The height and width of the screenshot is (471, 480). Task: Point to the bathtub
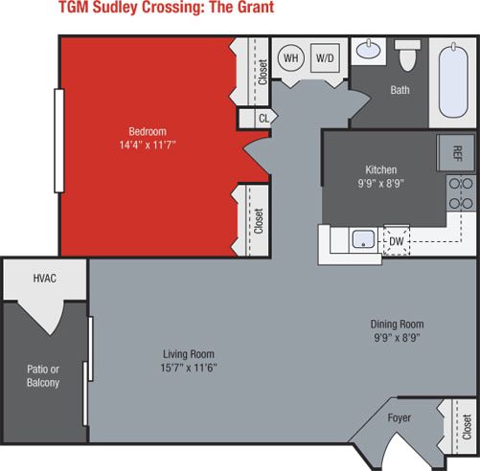(x=451, y=80)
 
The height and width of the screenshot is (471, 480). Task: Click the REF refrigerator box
(x=457, y=153)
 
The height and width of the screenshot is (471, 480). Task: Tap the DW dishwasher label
(x=396, y=242)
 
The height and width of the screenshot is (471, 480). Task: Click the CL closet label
(x=263, y=119)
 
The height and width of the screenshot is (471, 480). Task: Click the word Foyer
(x=400, y=417)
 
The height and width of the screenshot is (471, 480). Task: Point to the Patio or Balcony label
(x=42, y=374)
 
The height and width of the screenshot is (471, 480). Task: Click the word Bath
(x=400, y=92)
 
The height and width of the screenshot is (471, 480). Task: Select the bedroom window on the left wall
(x=60, y=142)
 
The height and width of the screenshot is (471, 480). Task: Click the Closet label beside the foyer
(x=467, y=425)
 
